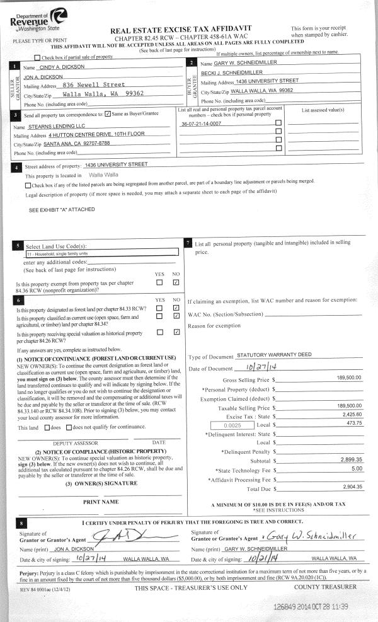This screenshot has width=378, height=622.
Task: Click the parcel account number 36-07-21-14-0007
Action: pyautogui.click(x=201, y=124)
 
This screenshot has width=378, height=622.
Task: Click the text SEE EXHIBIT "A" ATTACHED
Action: pyautogui.click(x=62, y=210)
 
